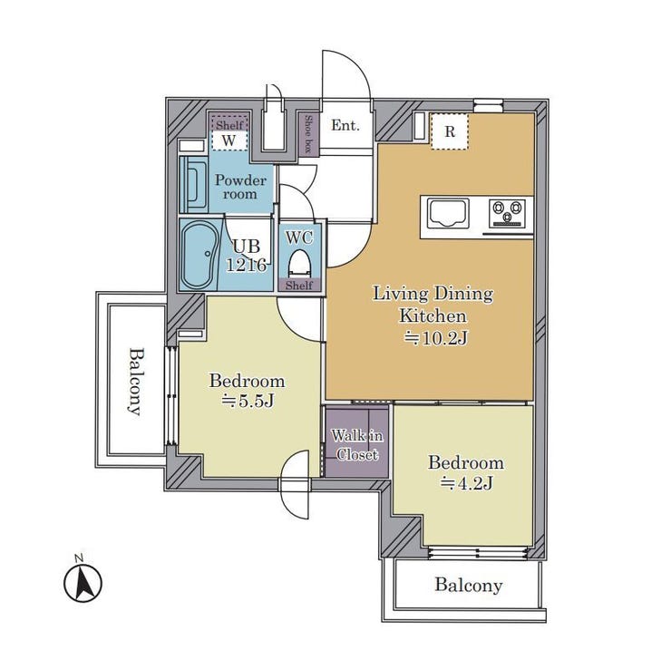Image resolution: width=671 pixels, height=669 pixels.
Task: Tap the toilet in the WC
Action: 299,263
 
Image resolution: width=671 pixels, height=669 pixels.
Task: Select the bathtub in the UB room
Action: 198,256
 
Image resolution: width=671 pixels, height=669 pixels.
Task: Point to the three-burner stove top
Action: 508,213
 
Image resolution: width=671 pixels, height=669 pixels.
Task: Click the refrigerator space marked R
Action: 450,131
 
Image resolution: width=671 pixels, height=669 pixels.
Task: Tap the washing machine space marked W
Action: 229,141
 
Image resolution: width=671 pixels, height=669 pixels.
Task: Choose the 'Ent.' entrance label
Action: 345,125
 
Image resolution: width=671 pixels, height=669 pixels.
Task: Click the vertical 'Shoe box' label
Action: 307,132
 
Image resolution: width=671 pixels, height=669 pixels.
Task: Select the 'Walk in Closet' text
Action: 357,445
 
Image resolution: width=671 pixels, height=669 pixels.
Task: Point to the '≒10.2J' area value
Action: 436,338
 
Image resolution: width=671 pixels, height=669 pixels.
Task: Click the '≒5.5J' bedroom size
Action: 248,402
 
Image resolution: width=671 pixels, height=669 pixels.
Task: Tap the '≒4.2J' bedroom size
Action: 467,483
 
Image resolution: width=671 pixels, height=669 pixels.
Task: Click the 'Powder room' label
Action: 240,187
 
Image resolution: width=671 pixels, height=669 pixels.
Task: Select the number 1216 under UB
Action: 247,266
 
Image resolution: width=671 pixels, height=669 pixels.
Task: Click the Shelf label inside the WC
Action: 299,286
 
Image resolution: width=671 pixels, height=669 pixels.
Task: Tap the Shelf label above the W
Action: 229,125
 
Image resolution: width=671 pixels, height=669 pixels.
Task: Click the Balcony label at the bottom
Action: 469,586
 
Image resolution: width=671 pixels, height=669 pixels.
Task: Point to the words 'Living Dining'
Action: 433,294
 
